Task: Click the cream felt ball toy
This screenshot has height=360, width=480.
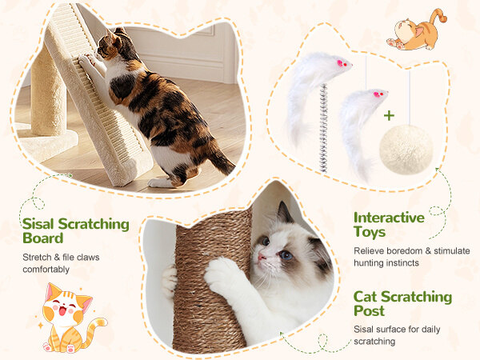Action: (x=406, y=150)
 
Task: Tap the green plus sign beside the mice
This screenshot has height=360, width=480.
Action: (x=389, y=116)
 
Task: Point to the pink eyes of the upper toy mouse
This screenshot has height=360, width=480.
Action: (x=342, y=64)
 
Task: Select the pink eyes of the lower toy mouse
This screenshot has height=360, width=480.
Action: (x=378, y=94)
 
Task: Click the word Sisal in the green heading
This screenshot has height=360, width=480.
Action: (x=38, y=224)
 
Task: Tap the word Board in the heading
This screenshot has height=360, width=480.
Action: (x=43, y=238)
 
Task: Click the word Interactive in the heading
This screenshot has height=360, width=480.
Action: (x=389, y=218)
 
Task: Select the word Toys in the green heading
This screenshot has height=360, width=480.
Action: (x=370, y=232)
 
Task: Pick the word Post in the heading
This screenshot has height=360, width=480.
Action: (x=369, y=310)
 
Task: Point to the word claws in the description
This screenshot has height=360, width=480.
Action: (x=88, y=257)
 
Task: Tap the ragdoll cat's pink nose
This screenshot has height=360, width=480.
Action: (x=261, y=256)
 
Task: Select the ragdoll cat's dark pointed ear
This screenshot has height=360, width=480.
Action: (x=285, y=212)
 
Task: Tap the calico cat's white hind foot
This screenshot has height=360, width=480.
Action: (x=160, y=182)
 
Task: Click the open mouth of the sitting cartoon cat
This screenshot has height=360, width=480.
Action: (x=62, y=311)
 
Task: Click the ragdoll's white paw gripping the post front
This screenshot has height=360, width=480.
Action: (x=221, y=274)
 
